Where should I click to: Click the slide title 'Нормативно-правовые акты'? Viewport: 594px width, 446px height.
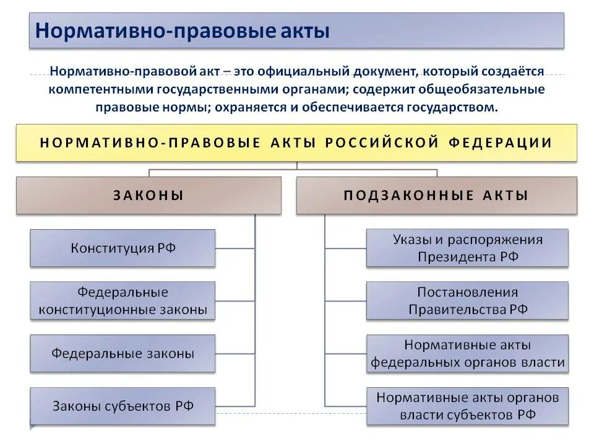(182, 30)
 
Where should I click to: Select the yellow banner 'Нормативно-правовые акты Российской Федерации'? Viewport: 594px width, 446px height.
(296, 142)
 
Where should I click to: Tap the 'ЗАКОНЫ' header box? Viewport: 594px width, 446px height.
(148, 196)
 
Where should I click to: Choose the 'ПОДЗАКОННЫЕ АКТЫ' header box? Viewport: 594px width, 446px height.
(436, 196)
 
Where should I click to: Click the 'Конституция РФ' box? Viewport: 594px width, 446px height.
(123, 248)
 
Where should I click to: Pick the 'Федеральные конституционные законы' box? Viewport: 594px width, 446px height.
(123, 301)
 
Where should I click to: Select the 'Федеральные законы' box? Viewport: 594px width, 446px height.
(123, 354)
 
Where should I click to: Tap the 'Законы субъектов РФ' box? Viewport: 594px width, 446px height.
(123, 406)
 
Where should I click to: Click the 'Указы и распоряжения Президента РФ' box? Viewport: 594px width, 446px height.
(467, 248)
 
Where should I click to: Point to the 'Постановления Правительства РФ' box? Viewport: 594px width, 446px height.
(467, 301)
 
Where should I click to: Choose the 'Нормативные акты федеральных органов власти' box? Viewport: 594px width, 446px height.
(467, 354)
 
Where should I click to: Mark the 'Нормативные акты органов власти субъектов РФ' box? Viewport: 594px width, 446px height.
(467, 406)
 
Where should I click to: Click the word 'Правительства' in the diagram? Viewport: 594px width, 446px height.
(457, 310)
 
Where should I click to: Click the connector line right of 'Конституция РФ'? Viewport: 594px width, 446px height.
(235, 248)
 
